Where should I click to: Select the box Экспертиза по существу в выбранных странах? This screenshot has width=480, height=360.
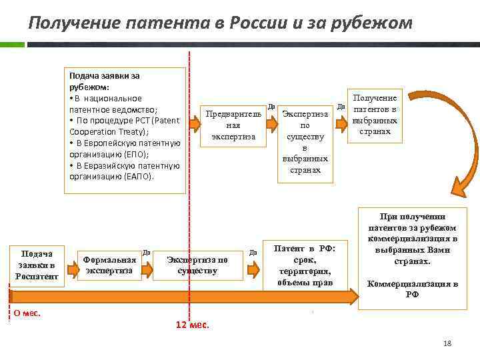[x=305, y=141]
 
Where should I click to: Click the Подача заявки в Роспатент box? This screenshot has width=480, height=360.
[x=37, y=265]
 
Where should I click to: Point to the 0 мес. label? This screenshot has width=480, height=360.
[x=27, y=312]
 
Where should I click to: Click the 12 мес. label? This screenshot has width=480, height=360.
[x=192, y=325]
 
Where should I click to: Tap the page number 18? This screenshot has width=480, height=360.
[x=447, y=343]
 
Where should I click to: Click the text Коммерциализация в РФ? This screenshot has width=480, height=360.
[x=412, y=289]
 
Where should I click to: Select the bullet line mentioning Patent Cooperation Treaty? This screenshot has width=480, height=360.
[x=120, y=126]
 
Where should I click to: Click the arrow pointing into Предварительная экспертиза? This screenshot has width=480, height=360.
[x=194, y=124]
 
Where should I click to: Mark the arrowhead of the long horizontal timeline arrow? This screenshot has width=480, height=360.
[x=352, y=296]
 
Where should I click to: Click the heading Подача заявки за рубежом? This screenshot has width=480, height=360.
[x=104, y=81]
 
